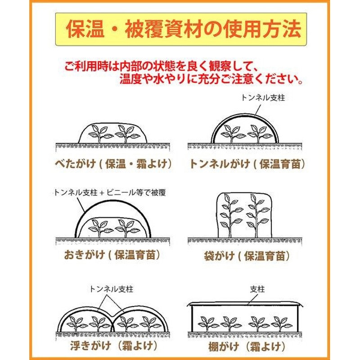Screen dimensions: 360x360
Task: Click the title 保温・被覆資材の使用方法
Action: pyautogui.click(x=183, y=29)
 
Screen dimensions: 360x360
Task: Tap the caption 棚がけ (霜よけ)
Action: pyautogui.click(x=247, y=346)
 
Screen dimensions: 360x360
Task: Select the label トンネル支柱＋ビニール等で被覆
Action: pyautogui.click(x=110, y=193)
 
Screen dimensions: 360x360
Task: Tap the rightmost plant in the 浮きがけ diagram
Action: pyautogui.click(x=149, y=323)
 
